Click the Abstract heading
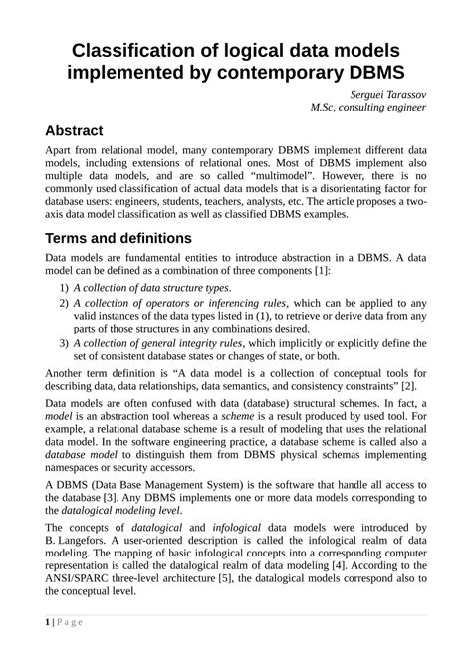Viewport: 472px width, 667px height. tap(88, 132)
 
